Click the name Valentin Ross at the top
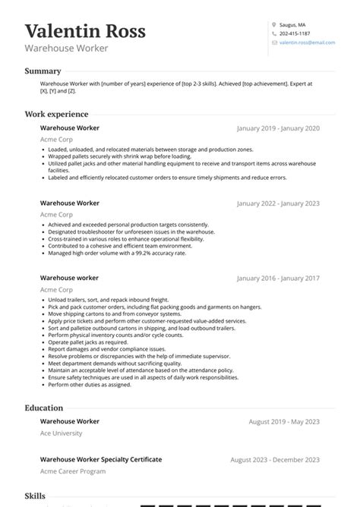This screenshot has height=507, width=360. [85, 31]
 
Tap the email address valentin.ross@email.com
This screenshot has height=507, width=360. [307, 43]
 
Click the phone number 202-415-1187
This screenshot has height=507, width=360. [294, 33]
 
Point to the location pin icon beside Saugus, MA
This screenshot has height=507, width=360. [274, 24]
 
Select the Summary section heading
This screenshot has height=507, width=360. [43, 71]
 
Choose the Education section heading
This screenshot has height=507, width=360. [43, 408]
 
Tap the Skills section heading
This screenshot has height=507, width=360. [35, 495]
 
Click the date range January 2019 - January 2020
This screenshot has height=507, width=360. [278, 129]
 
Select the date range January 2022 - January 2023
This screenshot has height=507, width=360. [278, 204]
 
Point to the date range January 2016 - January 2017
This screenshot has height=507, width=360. [278, 279]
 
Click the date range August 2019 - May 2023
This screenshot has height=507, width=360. [284, 422]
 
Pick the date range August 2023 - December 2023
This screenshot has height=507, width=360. [275, 460]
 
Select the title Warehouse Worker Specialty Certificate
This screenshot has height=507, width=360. [101, 459]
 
